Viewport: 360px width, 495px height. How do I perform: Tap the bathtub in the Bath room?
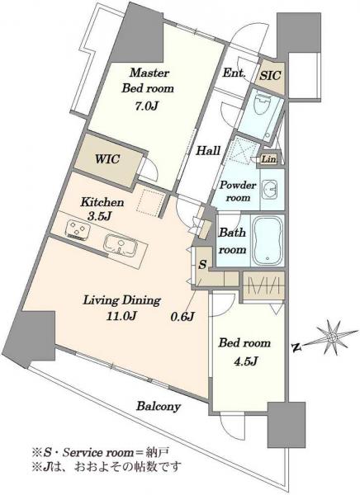click(268, 239)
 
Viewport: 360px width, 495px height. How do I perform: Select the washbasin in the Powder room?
click(270, 190)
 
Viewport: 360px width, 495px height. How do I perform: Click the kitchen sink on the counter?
click(121, 243)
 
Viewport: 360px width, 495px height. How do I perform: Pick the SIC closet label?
click(270, 75)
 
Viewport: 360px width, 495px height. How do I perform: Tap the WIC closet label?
click(107, 158)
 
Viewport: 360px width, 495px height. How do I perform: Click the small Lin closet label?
click(268, 159)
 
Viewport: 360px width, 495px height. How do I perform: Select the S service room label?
click(202, 264)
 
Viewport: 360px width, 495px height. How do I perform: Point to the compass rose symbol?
click(332, 337)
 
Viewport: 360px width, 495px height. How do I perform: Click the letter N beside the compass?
click(296, 347)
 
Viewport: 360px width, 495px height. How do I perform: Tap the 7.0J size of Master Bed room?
click(145, 106)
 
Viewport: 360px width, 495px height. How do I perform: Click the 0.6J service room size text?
click(182, 316)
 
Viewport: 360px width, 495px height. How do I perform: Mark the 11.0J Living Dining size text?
click(121, 315)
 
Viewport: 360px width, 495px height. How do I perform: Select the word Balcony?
click(159, 406)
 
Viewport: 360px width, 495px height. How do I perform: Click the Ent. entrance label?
click(234, 73)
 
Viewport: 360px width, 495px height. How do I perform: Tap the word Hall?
click(208, 151)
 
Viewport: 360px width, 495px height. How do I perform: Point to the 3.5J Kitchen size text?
click(99, 216)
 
